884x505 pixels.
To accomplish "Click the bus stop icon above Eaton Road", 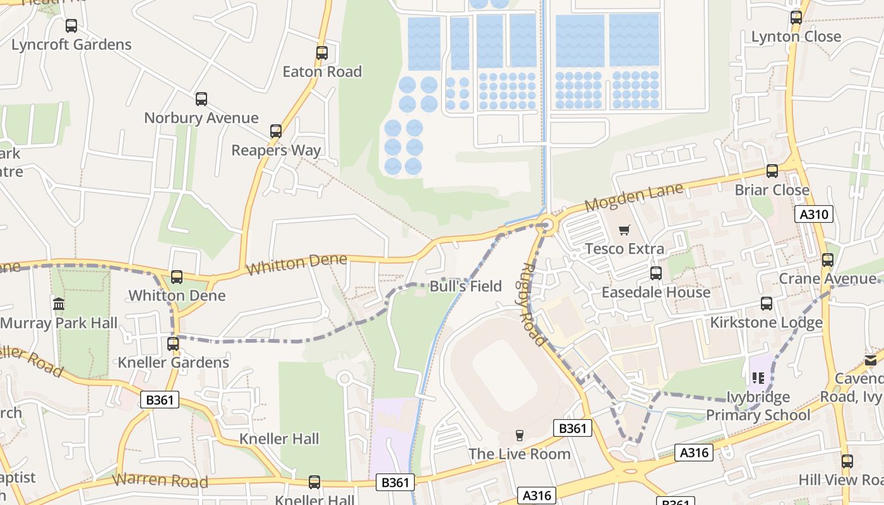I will tap(322, 53).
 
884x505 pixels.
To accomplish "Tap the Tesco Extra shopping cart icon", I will tap(624, 230).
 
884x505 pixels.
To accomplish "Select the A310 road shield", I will tap(814, 215).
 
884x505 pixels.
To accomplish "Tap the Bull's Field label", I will tap(465, 286).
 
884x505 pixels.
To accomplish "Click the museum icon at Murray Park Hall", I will tap(59, 305).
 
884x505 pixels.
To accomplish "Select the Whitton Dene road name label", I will tap(296, 264).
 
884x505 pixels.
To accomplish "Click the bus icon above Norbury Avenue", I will tap(201, 99).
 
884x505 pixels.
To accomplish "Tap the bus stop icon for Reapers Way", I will tap(276, 131).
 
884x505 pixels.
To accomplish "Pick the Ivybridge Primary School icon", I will tap(758, 378).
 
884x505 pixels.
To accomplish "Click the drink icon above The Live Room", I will tap(520, 435).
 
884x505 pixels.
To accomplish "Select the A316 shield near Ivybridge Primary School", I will tap(696, 453).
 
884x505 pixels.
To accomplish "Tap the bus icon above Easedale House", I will tap(656, 273).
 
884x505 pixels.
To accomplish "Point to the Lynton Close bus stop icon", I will tap(796, 18).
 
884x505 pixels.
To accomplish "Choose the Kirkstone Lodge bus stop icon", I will tap(767, 304).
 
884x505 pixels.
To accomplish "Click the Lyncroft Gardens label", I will tap(71, 45).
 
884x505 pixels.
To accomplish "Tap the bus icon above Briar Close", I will tap(772, 171).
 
